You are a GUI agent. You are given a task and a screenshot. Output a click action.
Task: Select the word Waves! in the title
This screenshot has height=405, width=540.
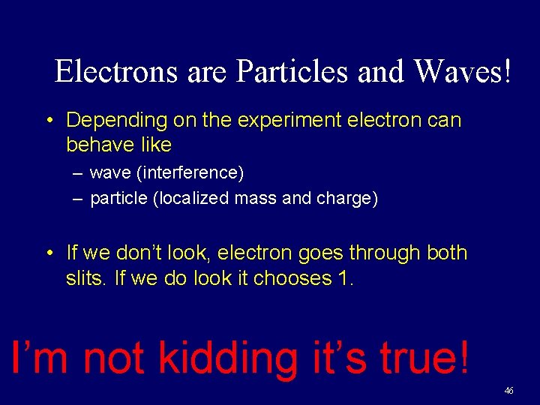463,71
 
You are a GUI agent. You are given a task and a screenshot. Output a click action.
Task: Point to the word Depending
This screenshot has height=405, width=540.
112,120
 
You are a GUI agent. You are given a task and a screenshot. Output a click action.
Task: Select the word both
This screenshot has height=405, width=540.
447,253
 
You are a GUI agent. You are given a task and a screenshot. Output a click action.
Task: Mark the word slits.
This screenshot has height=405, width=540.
85,278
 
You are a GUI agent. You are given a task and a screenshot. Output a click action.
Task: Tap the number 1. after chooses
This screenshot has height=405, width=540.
345,278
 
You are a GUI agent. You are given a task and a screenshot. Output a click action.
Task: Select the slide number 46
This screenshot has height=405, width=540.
509,391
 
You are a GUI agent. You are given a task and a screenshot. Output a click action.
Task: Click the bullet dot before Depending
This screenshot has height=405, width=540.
49,121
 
